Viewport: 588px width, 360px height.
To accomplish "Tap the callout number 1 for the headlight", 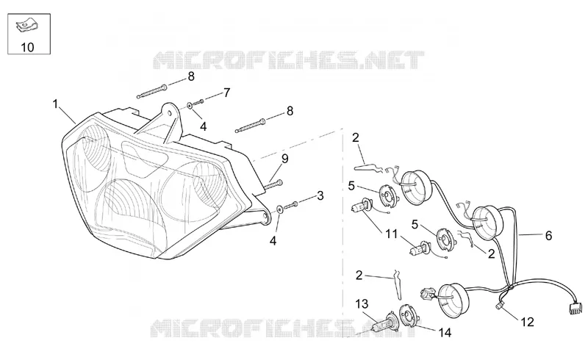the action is point(56,104).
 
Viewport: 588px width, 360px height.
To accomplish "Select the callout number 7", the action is point(226,93).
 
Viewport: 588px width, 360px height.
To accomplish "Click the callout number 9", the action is point(285,159).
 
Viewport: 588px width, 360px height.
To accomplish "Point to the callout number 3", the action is point(320,195).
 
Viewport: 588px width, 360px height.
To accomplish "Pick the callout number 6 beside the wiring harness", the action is point(548,236).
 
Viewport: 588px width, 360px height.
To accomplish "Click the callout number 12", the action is point(527,322).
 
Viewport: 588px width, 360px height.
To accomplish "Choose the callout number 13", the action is point(362,303).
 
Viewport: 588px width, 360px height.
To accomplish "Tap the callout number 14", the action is point(445,332).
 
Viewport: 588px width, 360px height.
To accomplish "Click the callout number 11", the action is point(392,234).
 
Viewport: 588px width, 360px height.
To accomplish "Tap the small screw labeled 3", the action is point(291,205).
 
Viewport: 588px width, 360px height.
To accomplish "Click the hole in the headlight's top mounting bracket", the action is point(171,112).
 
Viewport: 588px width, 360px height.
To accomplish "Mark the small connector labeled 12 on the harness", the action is point(499,306).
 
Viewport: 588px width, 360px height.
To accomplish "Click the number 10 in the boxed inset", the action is point(27,47).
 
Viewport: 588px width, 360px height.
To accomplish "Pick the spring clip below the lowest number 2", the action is point(398,285).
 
